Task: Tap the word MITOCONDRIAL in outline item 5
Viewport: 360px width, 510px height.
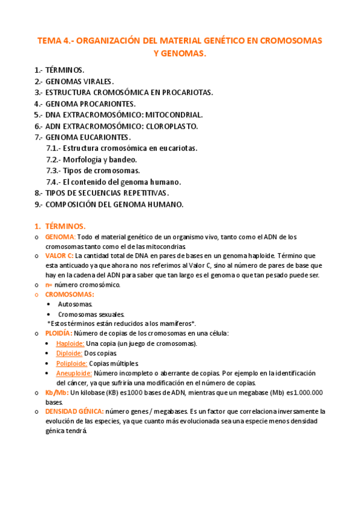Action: pyautogui.click(x=174, y=115)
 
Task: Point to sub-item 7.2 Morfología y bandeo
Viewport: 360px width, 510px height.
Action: pyautogui.click(x=91, y=159)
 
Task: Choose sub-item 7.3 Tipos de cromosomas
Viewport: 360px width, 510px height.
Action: pyautogui.click(x=93, y=171)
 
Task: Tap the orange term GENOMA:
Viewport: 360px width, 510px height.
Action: pyautogui.click(x=60, y=237)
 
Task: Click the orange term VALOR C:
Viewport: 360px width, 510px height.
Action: pyautogui.click(x=60, y=256)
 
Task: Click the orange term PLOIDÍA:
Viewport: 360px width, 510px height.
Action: pyautogui.click(x=58, y=333)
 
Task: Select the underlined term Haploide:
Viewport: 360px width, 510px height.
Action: pyautogui.click(x=70, y=343)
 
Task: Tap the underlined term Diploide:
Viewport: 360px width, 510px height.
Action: pyautogui.click(x=69, y=354)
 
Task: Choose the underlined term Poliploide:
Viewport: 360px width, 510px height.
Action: pyautogui.click(x=72, y=363)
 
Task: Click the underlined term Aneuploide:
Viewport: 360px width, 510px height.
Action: pyautogui.click(x=74, y=373)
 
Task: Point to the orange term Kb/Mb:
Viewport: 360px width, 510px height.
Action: pyautogui.click(x=56, y=393)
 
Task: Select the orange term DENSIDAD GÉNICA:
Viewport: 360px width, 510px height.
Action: pyautogui.click(x=74, y=411)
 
